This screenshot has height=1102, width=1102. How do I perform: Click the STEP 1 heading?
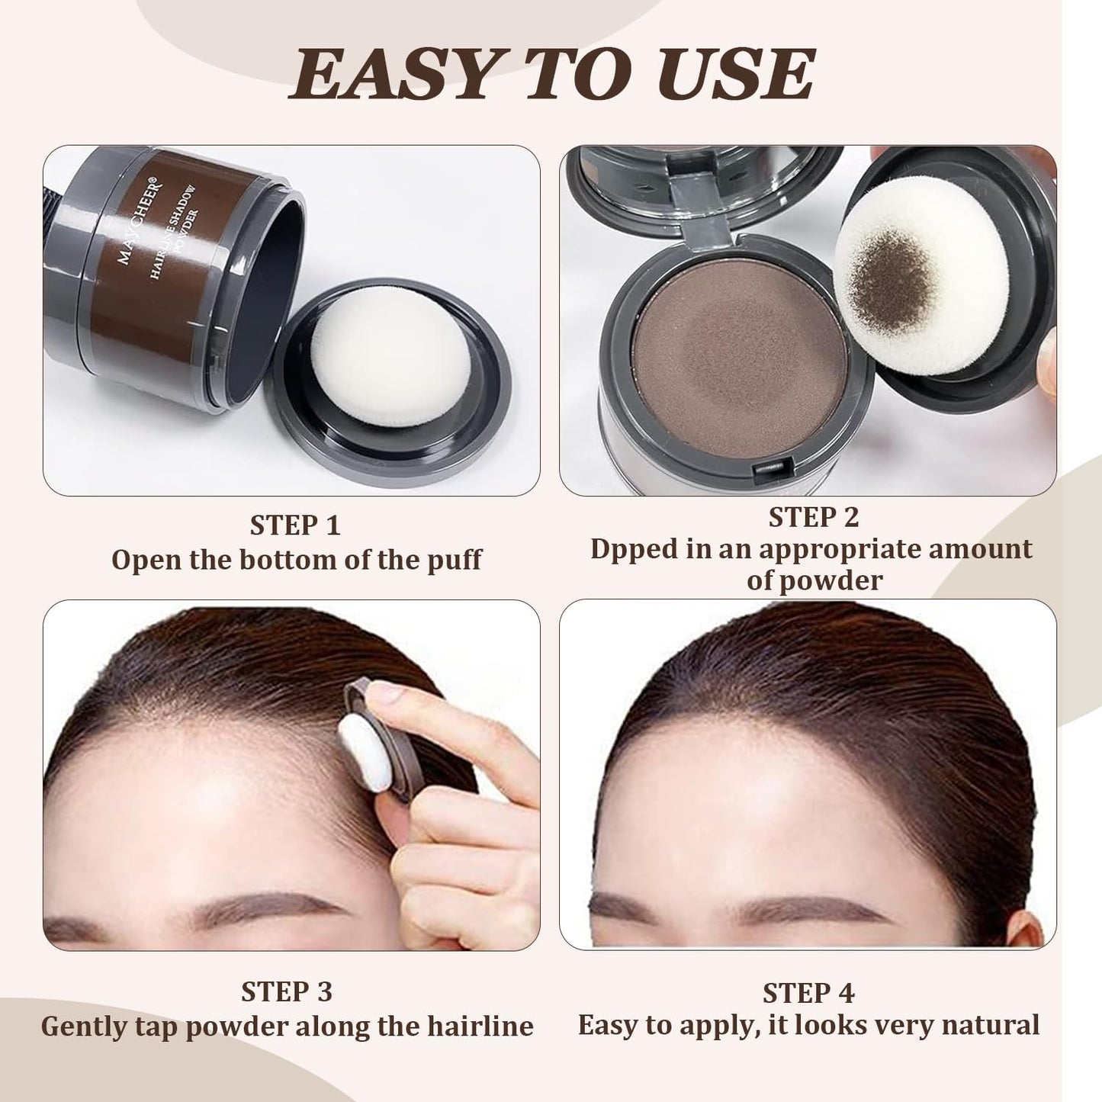294,525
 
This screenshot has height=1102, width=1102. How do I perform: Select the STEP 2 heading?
813,517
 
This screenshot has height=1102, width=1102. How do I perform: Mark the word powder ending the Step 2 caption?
814,580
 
